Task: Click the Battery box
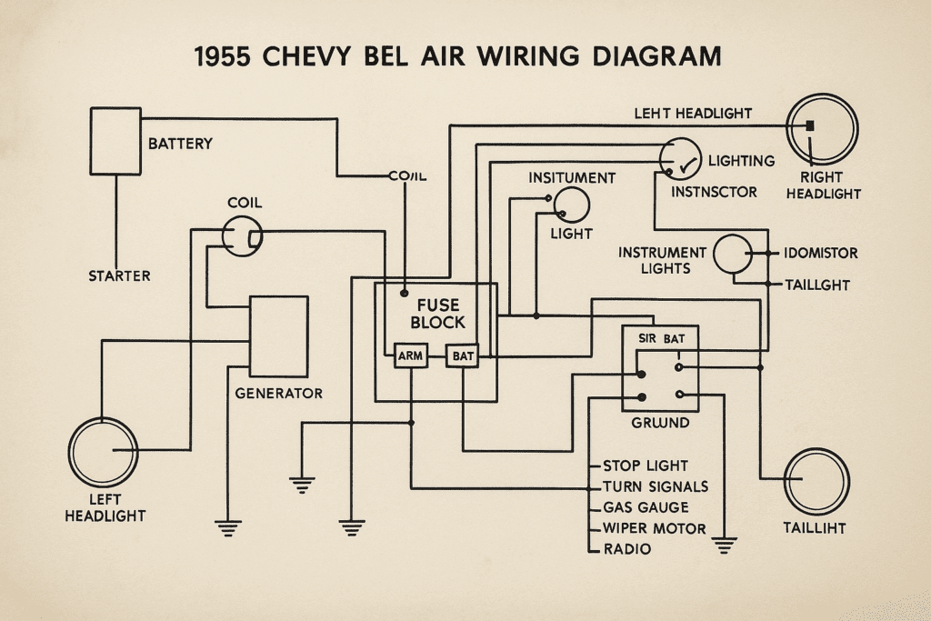coord(115,141)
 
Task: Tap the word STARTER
coord(119,275)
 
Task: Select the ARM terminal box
coord(410,356)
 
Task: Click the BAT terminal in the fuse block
coord(463,356)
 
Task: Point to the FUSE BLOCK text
coord(437,314)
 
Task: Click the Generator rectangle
coord(278,336)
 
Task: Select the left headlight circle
coord(103,452)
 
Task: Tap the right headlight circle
coord(821,128)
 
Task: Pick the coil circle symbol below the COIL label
coord(243,236)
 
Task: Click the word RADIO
coord(627,549)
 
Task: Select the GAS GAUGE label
coord(646,507)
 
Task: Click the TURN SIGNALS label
coord(655,486)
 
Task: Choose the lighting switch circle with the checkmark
coord(681,160)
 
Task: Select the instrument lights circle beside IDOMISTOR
coord(735,255)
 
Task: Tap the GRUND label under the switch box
coord(659,424)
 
